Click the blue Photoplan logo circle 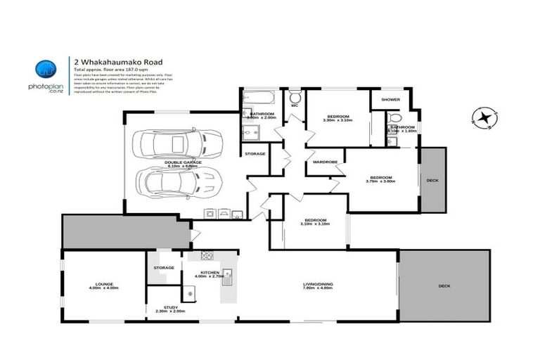pos(46,69)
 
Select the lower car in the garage pos(180,184)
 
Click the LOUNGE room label pos(101,284)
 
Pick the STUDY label pos(169,307)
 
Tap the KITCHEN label pos(210,272)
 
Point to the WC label pos(295,105)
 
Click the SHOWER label pos(390,100)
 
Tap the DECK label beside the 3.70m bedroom pos(432,181)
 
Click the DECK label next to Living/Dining pos(444,285)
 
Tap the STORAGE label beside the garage pos(255,153)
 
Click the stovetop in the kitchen pos(207,255)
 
